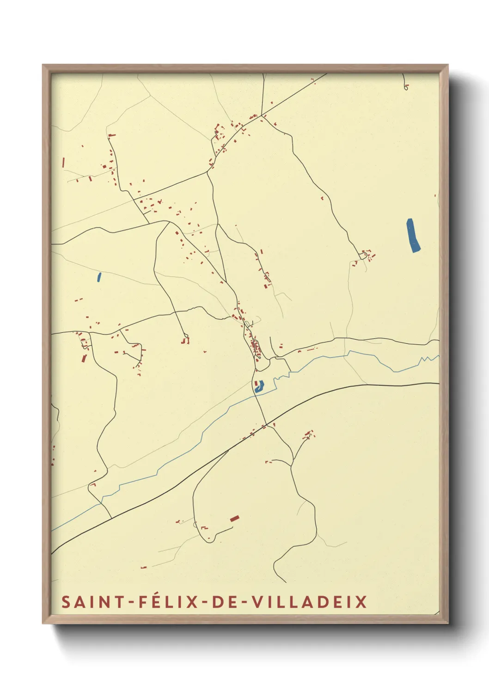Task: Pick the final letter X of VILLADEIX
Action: [x=361, y=602]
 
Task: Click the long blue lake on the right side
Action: [x=413, y=235]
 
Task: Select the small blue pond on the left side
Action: [x=99, y=277]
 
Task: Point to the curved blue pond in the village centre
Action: [x=259, y=387]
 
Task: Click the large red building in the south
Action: [x=234, y=519]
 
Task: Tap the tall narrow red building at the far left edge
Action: [x=63, y=162]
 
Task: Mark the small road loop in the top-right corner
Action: [x=406, y=86]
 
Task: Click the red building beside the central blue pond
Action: [x=256, y=383]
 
